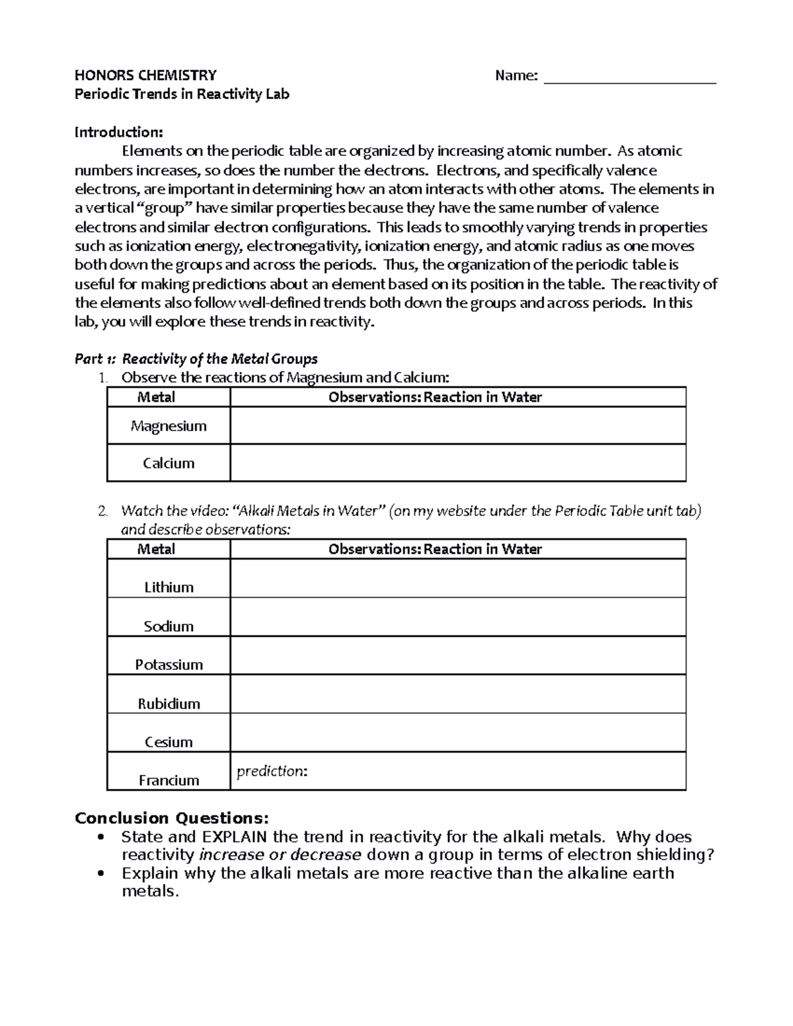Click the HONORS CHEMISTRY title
[x=145, y=75]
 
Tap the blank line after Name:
[x=629, y=77]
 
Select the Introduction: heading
[x=118, y=132]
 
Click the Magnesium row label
[x=169, y=426]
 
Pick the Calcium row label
[x=169, y=463]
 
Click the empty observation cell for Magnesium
[x=457, y=425]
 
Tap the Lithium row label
[x=169, y=587]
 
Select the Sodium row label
[x=169, y=626]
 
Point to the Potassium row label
[x=169, y=665]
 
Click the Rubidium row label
[x=169, y=704]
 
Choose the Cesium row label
[x=169, y=742]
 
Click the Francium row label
[x=169, y=780]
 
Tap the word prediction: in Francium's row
[x=272, y=772]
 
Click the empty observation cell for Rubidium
[x=457, y=694]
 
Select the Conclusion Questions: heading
[x=172, y=819]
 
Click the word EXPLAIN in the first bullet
[x=235, y=837]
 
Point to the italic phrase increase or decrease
[x=280, y=855]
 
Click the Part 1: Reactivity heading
[x=196, y=359]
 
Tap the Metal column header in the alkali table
[x=156, y=549]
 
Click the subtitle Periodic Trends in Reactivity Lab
[x=182, y=94]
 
